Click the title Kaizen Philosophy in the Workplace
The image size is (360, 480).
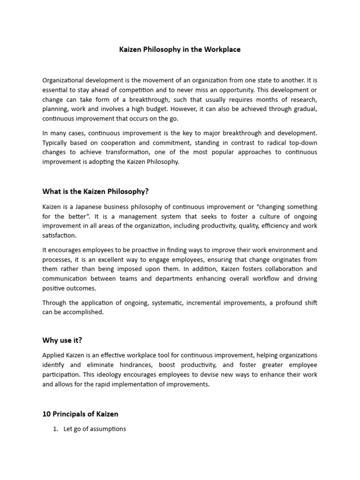tap(180, 49)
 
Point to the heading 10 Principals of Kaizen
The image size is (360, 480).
tap(80, 413)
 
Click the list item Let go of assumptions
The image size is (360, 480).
tap(95, 428)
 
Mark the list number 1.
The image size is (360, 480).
tap(55, 428)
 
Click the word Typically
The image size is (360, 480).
tap(56, 142)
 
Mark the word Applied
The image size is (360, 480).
tap(52, 355)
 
